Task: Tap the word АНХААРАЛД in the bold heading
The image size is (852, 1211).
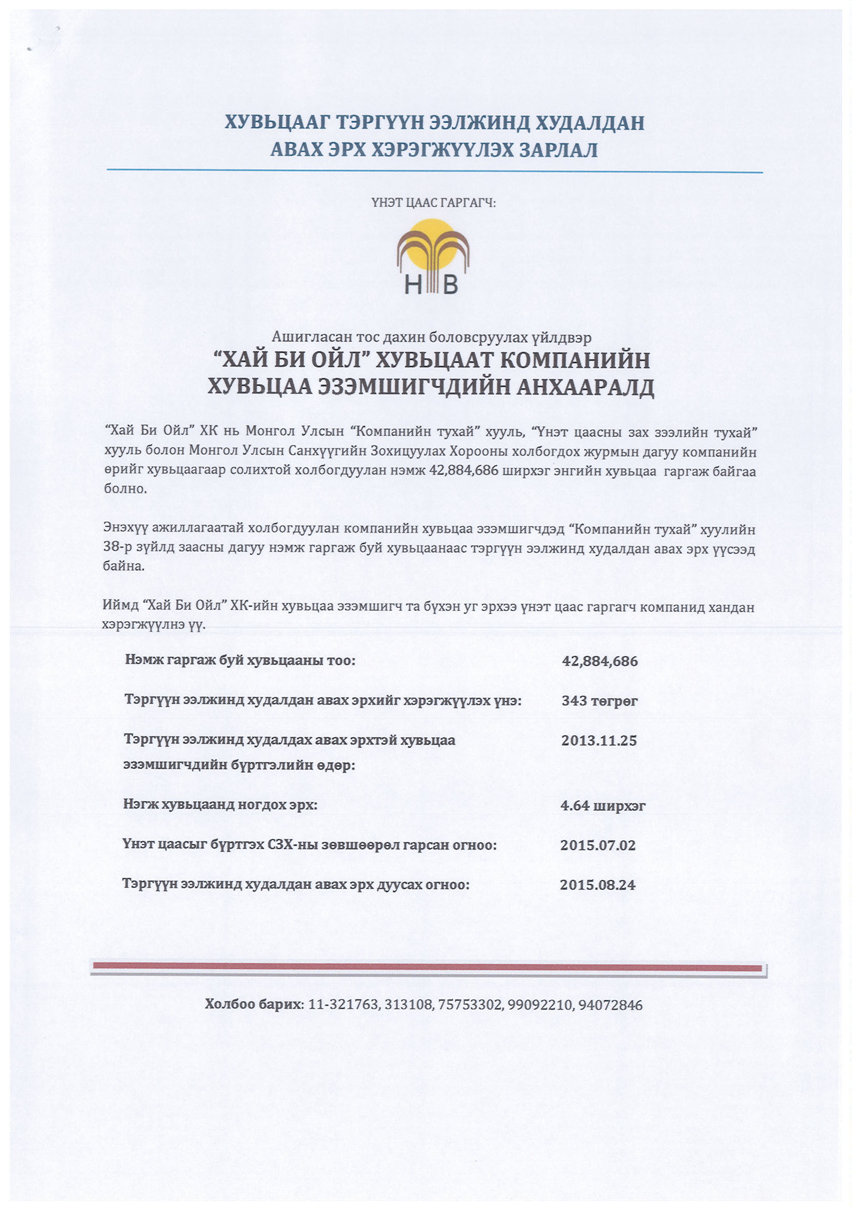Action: pos(585,387)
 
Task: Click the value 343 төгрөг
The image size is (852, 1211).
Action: pos(599,701)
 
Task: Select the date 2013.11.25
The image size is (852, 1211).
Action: pos(599,741)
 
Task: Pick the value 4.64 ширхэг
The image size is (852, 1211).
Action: pos(603,806)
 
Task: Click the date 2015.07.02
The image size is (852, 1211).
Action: pos(598,845)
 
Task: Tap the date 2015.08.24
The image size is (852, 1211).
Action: pos(597,885)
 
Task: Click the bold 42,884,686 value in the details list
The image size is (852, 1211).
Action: pos(600,661)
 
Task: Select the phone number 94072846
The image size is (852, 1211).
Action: pos(610,1005)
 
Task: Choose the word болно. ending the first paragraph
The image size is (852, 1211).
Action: pos(125,488)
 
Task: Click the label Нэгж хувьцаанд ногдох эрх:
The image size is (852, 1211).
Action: pos(221,805)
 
